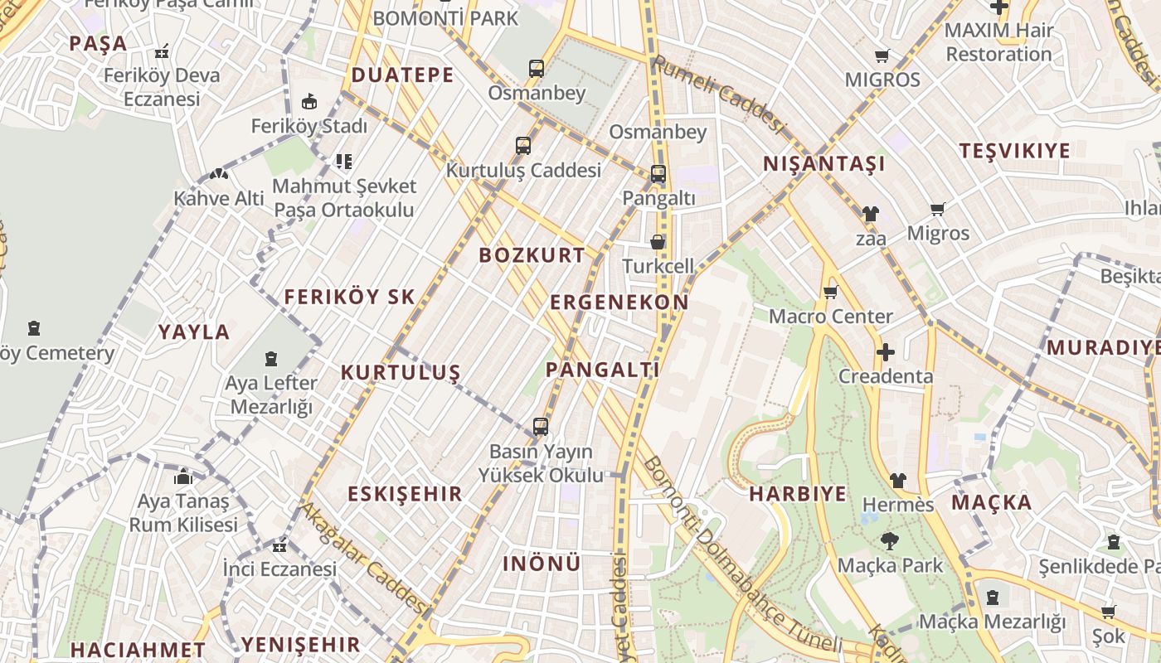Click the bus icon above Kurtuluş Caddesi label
point(522,146)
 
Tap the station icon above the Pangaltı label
point(658,174)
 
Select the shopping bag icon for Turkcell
point(658,242)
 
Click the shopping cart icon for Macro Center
point(830,292)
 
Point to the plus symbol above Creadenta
point(886,352)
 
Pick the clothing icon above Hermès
point(897,481)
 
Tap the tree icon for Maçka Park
point(890,541)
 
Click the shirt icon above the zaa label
point(870,214)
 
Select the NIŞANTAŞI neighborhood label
point(824,164)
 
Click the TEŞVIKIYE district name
point(1014,151)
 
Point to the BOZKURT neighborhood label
point(532,255)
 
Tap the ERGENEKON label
point(619,302)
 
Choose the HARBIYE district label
point(798,495)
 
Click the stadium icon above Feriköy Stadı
point(309,102)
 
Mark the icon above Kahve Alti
point(218,175)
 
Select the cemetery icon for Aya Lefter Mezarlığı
point(270,359)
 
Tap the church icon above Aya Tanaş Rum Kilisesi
point(183,477)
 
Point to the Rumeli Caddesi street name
point(717,94)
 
